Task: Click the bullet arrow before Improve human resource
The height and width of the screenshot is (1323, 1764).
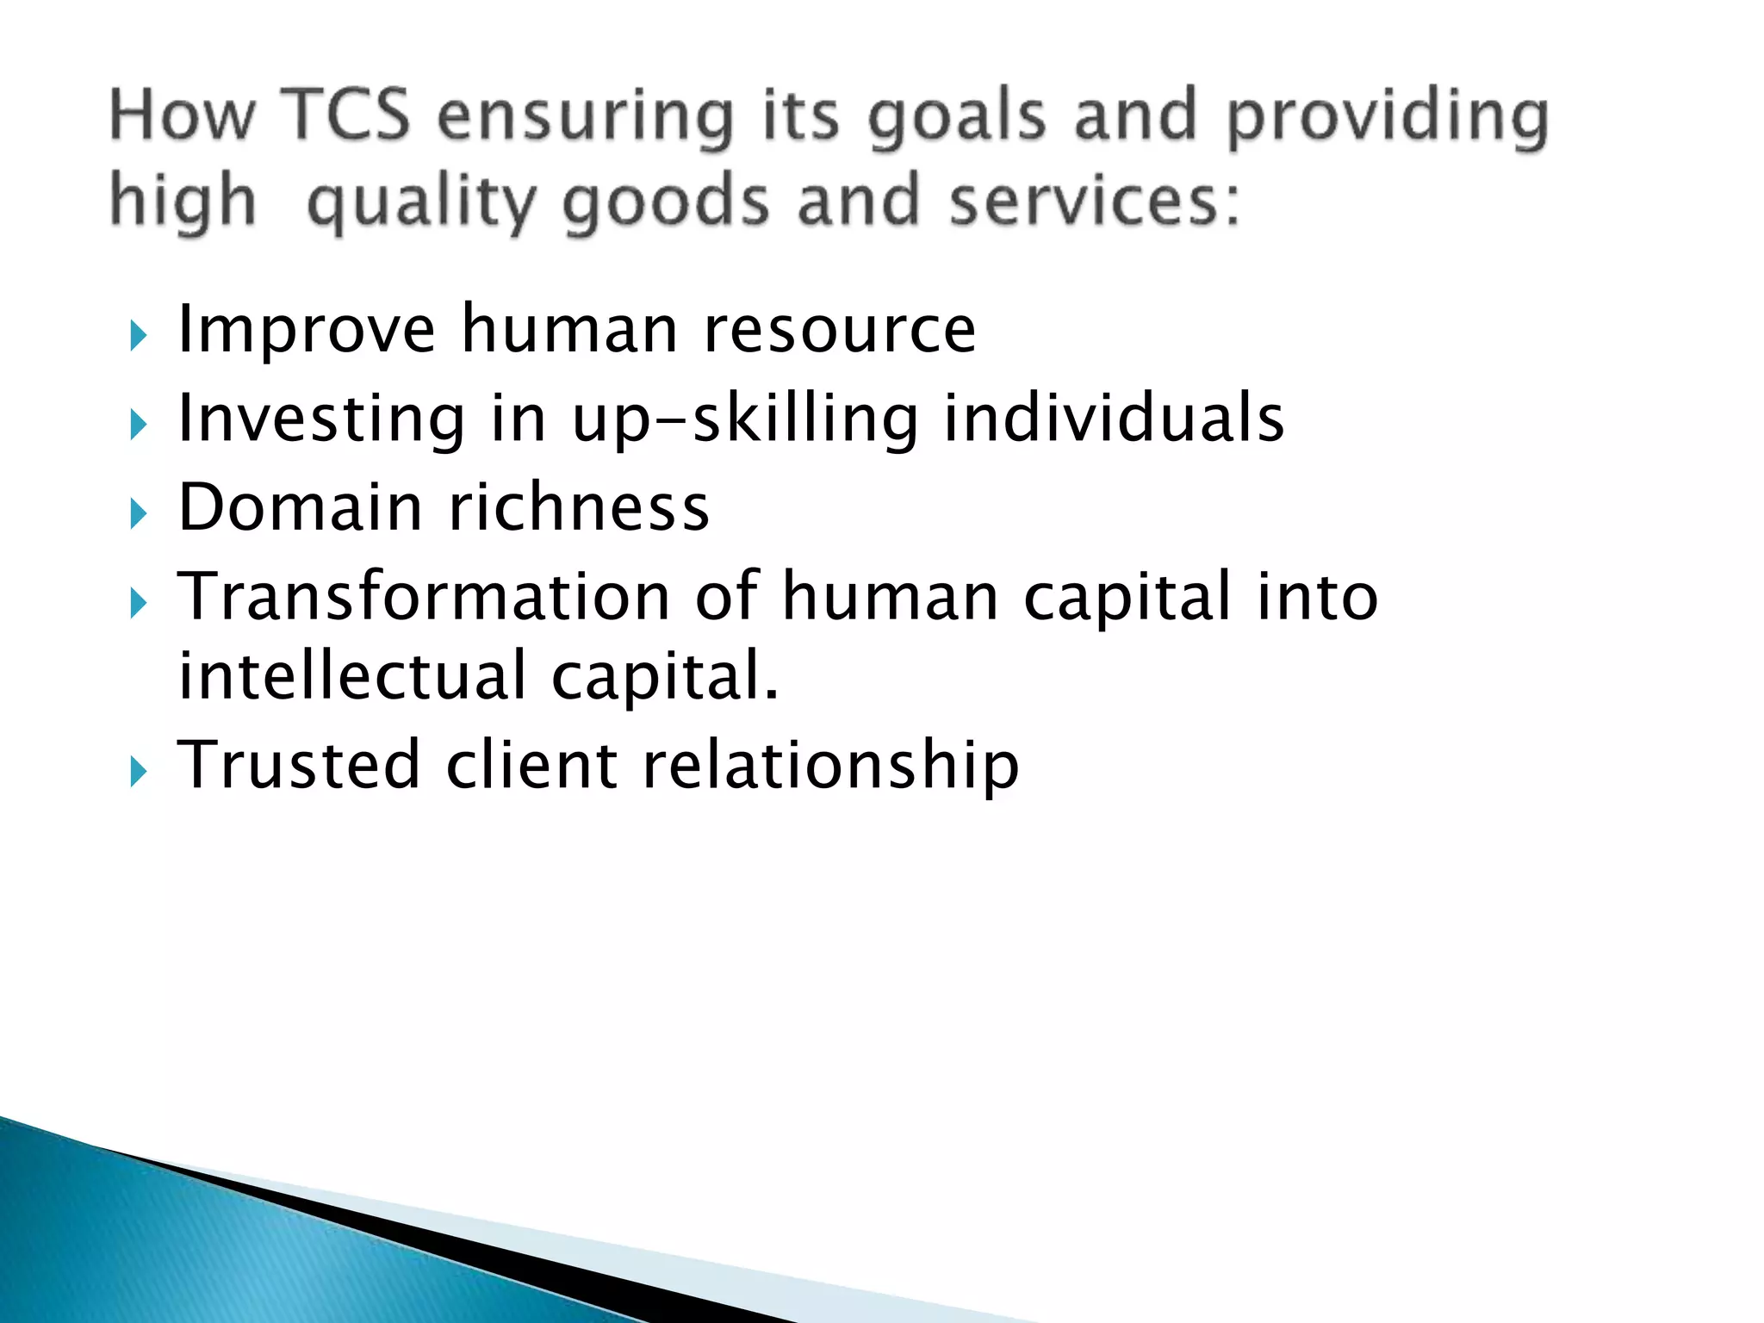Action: [139, 335]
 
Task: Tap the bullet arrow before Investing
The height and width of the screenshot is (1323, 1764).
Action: [139, 425]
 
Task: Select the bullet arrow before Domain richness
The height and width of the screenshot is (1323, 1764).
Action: [139, 514]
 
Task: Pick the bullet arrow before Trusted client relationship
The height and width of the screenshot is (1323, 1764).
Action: [139, 771]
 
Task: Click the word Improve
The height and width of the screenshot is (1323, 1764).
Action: [307, 332]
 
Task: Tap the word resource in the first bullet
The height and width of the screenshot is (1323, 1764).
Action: [840, 332]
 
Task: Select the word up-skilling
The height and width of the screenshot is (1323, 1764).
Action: [745, 420]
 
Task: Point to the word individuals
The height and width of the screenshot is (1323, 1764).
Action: [1114, 419]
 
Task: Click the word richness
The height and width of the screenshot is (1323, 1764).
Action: [579, 507]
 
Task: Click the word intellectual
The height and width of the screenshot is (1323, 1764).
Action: [351, 676]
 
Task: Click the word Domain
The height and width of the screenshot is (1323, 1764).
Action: [300, 507]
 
